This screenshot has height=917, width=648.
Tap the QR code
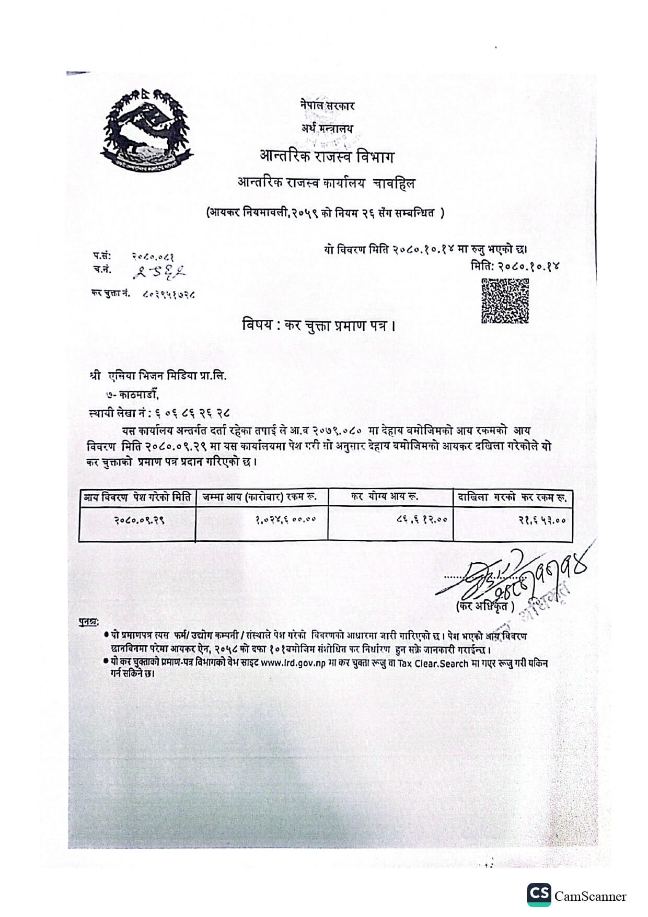coord(504,301)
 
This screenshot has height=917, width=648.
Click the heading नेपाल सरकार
coord(327,106)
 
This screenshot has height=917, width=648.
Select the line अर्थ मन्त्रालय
coord(327,128)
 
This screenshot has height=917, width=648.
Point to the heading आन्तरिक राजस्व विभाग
coord(327,156)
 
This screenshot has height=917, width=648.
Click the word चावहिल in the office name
coord(395,183)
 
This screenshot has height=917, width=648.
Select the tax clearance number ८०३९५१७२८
coord(169,294)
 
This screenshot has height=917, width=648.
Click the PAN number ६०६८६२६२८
coord(193,413)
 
